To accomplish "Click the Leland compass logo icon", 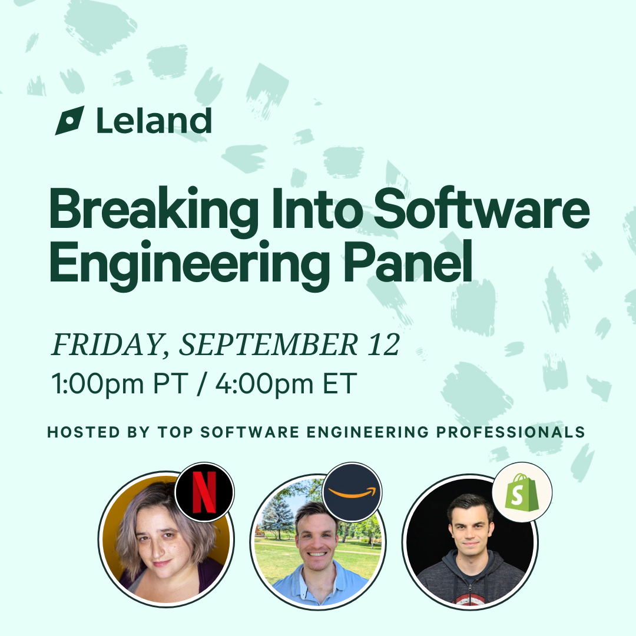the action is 69,121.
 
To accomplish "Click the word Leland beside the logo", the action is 154,121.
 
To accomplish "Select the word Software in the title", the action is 482,207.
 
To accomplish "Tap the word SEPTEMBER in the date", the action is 269,344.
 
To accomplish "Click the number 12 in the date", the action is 384,344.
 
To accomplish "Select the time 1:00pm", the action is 98,384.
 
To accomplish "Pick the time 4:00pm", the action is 264,384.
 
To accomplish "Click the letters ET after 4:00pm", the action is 340,383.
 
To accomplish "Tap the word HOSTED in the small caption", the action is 84,432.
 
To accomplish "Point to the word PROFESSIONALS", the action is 511,432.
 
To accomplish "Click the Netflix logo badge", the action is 204,492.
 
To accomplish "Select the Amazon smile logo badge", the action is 352,492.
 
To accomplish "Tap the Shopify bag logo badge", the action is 522,492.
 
